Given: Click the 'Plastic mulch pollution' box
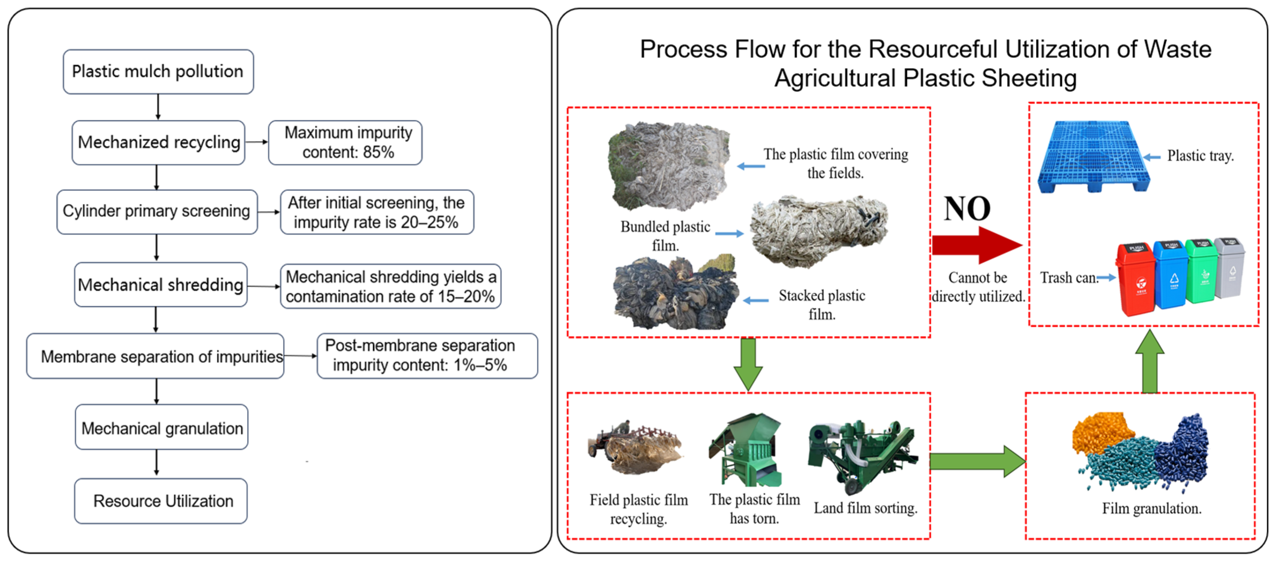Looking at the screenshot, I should tap(158, 72).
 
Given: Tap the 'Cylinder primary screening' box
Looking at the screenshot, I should tap(157, 211).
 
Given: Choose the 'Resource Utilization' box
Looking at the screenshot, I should tap(161, 501).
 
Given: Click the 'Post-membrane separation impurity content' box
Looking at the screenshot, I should tap(427, 356).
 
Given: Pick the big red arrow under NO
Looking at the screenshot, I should tap(975, 245).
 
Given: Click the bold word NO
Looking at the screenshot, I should tap(967, 209).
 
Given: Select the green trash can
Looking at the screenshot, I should tap(1202, 271).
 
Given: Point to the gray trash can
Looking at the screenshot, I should tap(1231, 268).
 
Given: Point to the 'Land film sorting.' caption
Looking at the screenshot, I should tap(865, 508).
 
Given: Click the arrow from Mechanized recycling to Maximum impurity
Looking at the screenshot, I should tap(256, 142).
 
